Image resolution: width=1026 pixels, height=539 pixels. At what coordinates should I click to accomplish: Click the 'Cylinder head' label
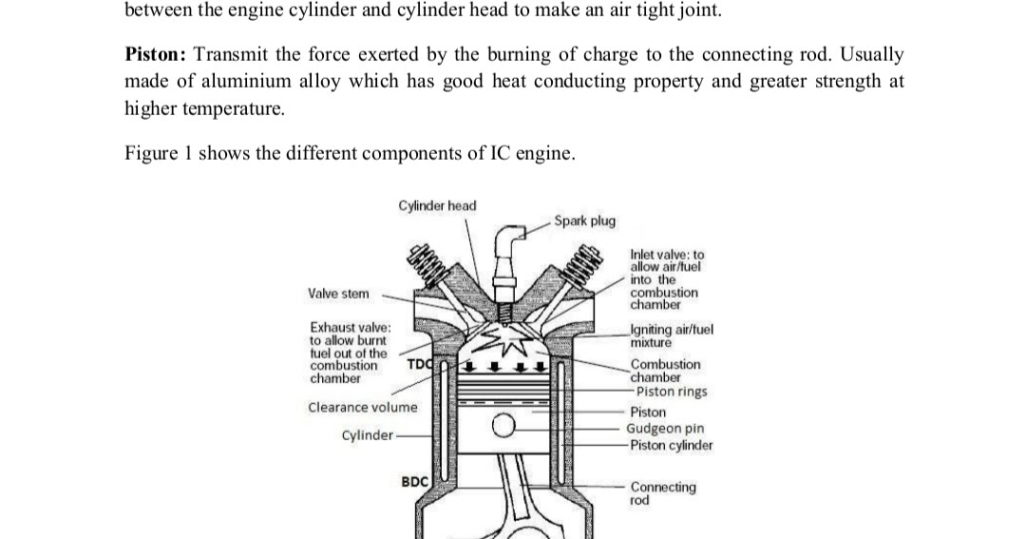pyautogui.click(x=437, y=205)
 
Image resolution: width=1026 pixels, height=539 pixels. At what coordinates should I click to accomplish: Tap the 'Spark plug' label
pyautogui.click(x=584, y=221)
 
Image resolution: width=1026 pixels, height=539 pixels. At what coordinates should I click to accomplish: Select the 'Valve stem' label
pyautogui.click(x=339, y=295)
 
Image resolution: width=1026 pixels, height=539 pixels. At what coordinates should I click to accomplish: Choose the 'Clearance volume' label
pyautogui.click(x=362, y=408)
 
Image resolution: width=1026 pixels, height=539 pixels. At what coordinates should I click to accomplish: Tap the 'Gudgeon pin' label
pyautogui.click(x=664, y=429)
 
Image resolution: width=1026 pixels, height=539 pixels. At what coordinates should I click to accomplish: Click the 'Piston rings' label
pyautogui.click(x=671, y=392)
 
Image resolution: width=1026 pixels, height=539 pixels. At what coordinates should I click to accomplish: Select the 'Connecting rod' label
pyautogui.click(x=662, y=492)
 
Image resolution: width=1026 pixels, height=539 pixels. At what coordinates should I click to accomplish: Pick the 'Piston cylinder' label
pyautogui.click(x=669, y=445)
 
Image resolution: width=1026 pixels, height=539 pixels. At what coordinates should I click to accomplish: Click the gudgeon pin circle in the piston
pyautogui.click(x=503, y=430)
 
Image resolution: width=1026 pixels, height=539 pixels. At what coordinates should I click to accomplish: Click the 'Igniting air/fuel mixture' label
pyautogui.click(x=671, y=336)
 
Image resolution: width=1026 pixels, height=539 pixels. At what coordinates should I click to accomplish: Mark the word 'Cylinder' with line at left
pyautogui.click(x=367, y=435)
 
